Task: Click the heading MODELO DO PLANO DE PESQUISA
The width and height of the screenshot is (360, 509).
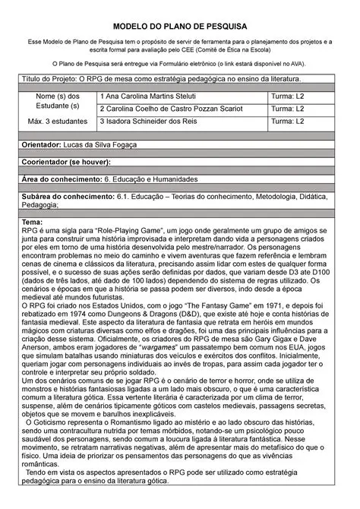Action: tap(180, 26)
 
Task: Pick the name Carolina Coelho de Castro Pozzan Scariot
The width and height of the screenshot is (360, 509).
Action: tap(174, 109)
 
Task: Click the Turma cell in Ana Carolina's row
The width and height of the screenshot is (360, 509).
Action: tap(289, 97)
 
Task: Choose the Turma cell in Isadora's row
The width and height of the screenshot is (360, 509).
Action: tap(289, 122)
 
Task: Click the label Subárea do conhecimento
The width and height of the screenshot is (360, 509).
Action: tap(73, 197)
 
